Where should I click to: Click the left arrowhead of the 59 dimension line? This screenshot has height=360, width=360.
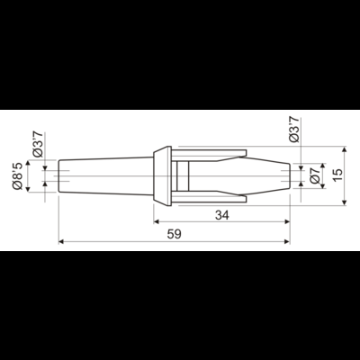62,241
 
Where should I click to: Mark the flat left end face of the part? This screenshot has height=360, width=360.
59,173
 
